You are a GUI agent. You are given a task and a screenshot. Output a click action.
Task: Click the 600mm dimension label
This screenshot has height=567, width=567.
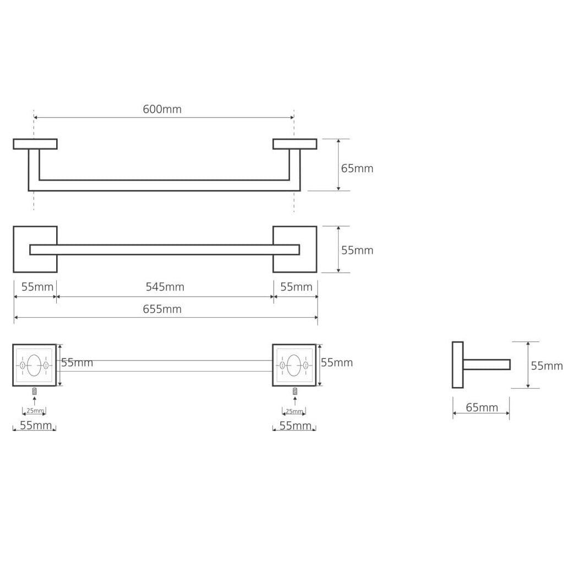coord(162,109)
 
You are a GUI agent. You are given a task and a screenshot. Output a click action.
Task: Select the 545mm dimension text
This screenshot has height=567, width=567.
coord(165,287)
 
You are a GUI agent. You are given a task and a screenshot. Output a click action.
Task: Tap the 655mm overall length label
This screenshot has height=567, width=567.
coord(162,309)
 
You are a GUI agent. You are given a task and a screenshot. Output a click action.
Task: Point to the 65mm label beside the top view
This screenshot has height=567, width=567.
coord(357,168)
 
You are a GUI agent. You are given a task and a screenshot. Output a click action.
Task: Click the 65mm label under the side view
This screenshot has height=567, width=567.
coord(482,407)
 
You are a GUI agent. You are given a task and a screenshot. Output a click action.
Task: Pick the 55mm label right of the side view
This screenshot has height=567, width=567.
coord(547,366)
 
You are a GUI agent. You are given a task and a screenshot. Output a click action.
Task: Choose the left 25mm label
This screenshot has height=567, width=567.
coord(35,411)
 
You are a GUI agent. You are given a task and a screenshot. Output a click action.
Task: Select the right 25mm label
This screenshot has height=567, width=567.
coord(295,411)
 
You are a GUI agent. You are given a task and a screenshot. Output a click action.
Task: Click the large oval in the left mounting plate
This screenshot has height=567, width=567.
coord(34,366)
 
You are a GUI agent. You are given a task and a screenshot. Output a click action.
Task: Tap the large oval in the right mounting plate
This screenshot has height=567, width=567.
coord(293,366)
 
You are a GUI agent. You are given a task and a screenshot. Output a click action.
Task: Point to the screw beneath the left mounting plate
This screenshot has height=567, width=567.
coord(34,390)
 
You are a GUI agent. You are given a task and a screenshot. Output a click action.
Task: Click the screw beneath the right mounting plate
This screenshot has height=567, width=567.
coord(295,391)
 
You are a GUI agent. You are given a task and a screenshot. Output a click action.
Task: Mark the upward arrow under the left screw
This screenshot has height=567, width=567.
coord(34,401)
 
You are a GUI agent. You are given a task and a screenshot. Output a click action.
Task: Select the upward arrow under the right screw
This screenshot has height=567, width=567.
coord(295,401)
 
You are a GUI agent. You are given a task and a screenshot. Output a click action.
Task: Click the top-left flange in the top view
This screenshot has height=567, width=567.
coord(35,144)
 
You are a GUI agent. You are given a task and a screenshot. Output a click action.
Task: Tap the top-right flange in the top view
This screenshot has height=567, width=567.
coord(295,144)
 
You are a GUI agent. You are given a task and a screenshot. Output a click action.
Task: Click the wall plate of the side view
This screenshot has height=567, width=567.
coord(457,365)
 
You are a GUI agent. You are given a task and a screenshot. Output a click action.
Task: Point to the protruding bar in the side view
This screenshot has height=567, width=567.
coord(487,364)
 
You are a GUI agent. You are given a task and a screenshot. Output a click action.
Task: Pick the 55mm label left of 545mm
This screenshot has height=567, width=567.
coord(37,287)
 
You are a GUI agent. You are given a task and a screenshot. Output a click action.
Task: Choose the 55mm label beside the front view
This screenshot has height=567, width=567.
coord(357,250)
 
